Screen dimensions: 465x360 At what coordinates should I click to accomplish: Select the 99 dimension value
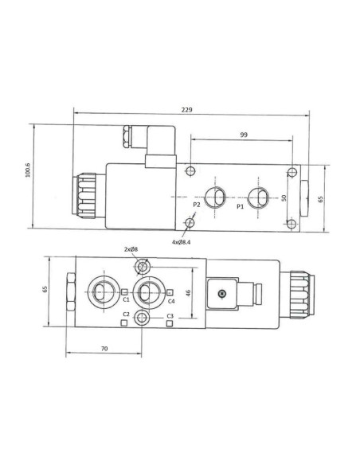pyautogui.click(x=243, y=135)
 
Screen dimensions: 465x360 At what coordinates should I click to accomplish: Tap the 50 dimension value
pyautogui.click(x=284, y=197)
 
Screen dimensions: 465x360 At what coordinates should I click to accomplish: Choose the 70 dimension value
pyautogui.click(x=104, y=349)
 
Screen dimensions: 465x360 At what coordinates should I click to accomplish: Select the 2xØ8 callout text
pyautogui.click(x=131, y=249)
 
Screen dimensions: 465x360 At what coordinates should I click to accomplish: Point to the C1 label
pyautogui.click(x=126, y=300)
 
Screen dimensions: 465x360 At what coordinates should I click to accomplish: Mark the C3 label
pyautogui.click(x=170, y=316)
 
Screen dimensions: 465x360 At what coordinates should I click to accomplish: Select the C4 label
pyautogui.click(x=170, y=301)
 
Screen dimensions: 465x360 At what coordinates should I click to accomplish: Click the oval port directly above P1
pyautogui.click(x=256, y=195)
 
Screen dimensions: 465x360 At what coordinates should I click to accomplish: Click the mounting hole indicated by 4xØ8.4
pyautogui.click(x=190, y=223)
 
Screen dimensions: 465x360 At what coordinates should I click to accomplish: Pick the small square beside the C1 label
pyautogui.click(x=126, y=291)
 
